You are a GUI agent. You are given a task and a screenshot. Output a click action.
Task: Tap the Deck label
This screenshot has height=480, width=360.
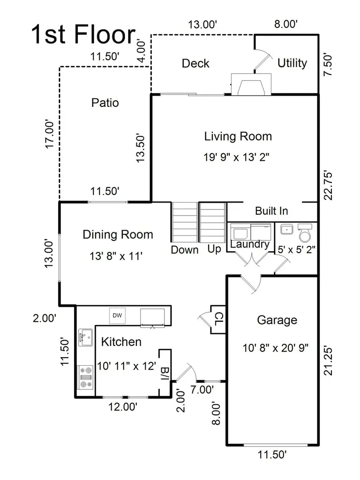coord(195,63)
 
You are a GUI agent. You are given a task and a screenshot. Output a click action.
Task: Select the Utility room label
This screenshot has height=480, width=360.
coord(292,63)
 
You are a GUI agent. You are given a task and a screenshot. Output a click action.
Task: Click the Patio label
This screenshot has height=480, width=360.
coord(105,103)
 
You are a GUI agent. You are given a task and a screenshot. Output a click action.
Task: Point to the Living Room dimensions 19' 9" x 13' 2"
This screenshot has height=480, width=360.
coord(236,157)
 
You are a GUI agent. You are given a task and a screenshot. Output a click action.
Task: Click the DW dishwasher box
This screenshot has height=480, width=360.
coord(117,315)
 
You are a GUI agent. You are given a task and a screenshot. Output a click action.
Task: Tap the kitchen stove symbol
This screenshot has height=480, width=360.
coord(86,377)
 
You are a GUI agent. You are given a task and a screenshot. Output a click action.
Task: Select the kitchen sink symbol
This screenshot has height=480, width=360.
coord(86,337)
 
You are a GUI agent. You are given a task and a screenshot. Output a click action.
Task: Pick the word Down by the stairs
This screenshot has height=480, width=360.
coord(185,250)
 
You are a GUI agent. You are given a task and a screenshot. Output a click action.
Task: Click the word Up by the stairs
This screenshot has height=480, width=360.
coord(214,249)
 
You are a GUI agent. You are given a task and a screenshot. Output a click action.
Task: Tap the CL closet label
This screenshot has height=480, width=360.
coord(219,319)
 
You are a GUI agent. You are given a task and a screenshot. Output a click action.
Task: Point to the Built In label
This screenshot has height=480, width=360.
coord(271,211)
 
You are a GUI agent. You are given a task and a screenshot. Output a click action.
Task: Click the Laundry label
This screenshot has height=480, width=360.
coord(250,244)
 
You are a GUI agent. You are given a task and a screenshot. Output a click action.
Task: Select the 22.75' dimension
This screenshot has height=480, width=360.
coord(328,186)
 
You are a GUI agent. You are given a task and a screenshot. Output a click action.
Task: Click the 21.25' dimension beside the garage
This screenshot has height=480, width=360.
coord(328,361)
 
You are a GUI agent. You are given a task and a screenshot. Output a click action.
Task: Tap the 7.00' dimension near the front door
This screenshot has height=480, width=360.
coord(202,390)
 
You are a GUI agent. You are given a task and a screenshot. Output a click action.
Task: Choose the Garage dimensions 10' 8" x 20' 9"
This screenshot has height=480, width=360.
coord(276,348)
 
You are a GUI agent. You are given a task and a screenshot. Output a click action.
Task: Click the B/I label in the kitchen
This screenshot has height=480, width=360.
coord(165,374)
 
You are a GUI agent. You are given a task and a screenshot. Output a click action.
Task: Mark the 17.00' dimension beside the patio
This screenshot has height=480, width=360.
coord(49,134)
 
